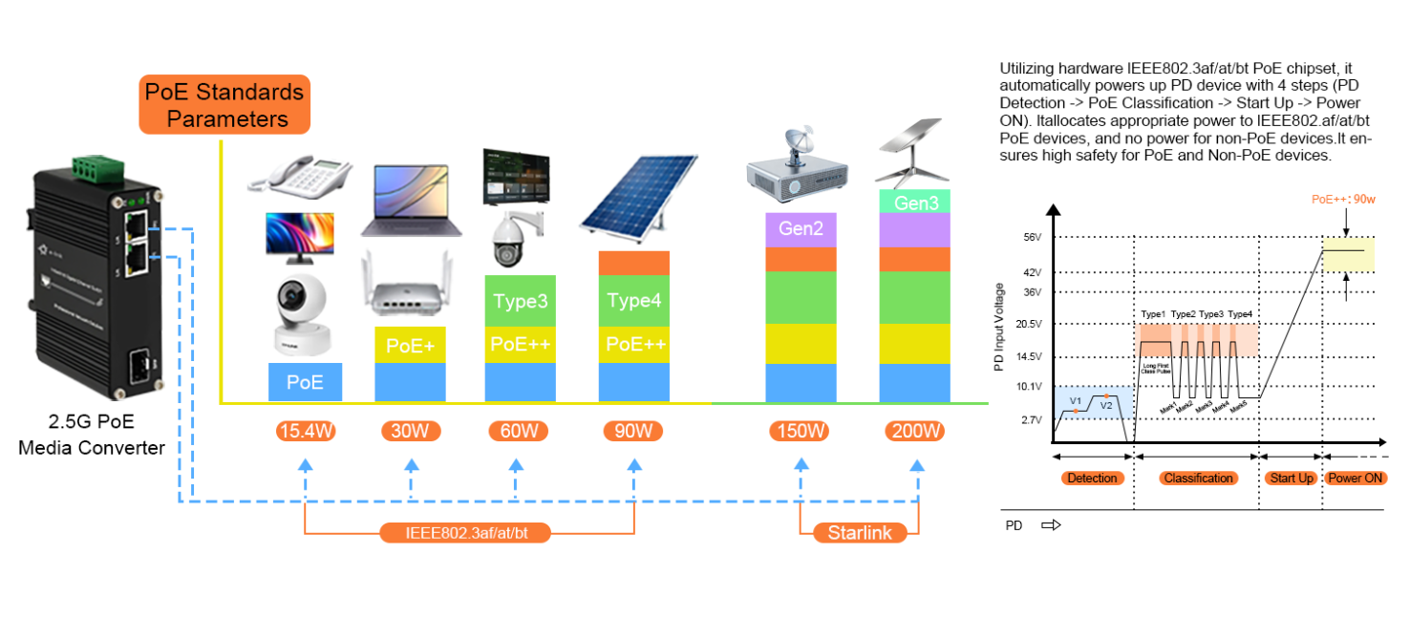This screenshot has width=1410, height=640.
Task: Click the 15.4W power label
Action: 306,432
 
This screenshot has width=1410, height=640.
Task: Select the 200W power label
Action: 915,432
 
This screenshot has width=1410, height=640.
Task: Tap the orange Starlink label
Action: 859,532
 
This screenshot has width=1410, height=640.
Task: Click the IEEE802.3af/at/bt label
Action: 467,532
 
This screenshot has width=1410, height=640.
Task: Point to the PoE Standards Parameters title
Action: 225,105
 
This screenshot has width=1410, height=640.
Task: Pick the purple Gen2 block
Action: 800,230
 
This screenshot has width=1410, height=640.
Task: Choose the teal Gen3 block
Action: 914,203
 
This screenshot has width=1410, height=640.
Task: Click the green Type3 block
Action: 521,301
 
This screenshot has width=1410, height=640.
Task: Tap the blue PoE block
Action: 305,382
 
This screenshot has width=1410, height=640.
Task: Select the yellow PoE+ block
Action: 411,345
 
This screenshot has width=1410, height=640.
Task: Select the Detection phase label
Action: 1092,478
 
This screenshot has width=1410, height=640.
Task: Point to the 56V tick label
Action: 1031,238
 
